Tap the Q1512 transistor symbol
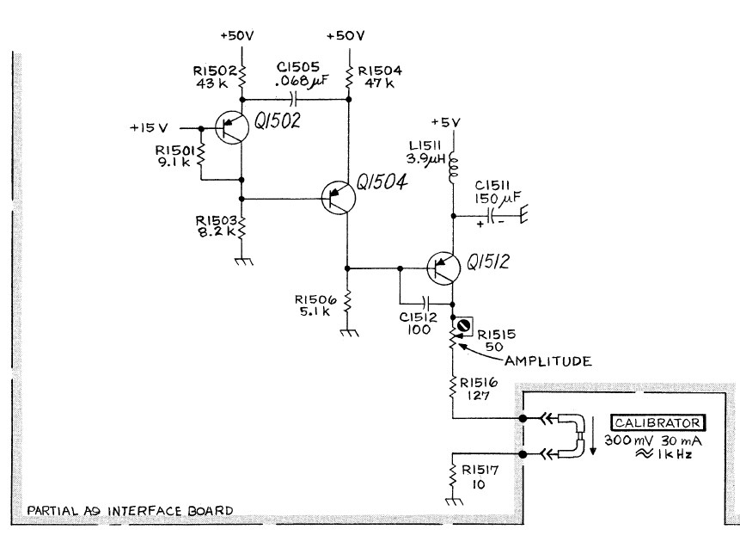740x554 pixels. coord(445,269)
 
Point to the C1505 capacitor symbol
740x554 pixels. coord(294,99)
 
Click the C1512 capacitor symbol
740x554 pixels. coord(426,302)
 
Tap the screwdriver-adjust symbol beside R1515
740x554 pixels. coord(464,325)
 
